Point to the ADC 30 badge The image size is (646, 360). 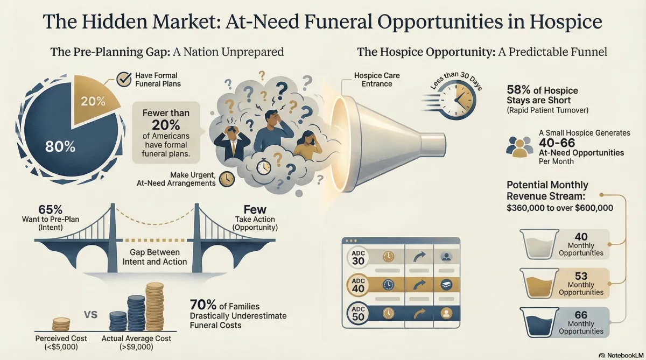point(358,257)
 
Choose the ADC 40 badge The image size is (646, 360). point(358,285)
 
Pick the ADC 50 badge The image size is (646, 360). point(358,313)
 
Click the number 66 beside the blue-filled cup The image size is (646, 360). point(581,314)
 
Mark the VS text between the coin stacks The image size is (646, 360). point(91,315)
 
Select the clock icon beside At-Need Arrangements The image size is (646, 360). point(227,179)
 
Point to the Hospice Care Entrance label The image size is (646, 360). point(377,80)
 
